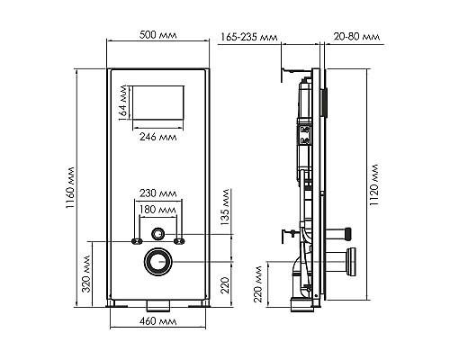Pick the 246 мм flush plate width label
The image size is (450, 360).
(x=159, y=138)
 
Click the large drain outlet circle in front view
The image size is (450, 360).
(x=159, y=262)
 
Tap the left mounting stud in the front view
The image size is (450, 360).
(x=137, y=241)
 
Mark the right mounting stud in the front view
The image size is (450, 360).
(x=182, y=241)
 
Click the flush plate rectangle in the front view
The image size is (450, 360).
(x=159, y=104)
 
